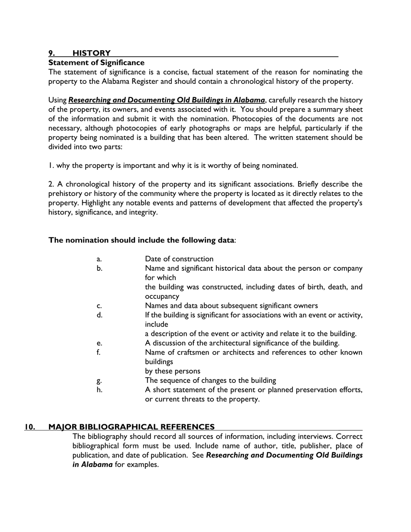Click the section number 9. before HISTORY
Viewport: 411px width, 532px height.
pos(51,53)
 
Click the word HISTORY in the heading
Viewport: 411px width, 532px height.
pos(91,53)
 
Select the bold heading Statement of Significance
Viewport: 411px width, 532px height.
pos(96,63)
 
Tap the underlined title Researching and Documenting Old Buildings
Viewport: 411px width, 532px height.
pos(167,100)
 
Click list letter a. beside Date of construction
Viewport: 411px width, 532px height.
pos(99,259)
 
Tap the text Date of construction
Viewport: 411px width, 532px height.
pos(179,259)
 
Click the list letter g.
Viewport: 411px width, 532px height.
pos(99,381)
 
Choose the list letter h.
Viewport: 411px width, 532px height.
pos(100,390)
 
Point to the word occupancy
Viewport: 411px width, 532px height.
pos(162,297)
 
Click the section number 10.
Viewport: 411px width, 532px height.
pos(30,427)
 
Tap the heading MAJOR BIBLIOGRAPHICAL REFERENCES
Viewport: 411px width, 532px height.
pos(132,427)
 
